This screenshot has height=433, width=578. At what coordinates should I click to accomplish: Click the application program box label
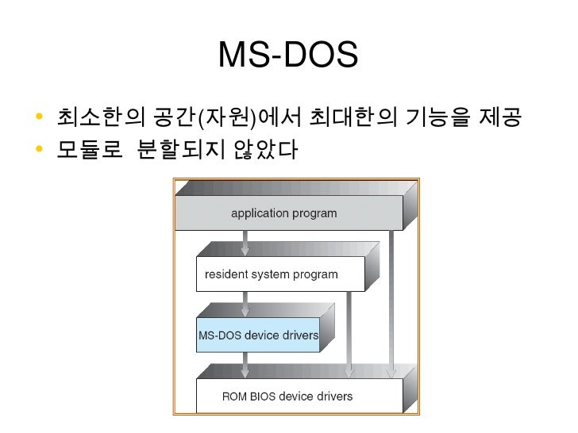point(283,213)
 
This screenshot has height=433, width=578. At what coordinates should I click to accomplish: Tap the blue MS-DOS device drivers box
point(258,335)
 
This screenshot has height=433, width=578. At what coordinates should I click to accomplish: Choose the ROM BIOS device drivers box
point(287,396)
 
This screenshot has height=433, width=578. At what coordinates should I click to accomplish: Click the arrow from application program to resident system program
point(245,242)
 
